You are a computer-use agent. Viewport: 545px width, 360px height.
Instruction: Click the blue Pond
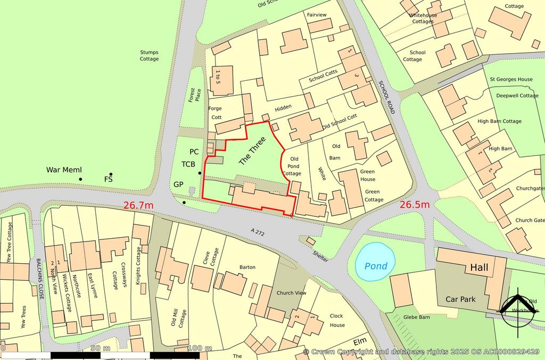(376, 263)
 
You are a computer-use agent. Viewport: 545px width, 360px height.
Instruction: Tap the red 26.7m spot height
(138, 205)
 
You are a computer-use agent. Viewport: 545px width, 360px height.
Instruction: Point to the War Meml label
(64, 170)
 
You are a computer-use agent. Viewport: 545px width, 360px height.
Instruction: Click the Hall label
(481, 268)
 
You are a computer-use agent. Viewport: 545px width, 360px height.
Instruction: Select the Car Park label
(460, 299)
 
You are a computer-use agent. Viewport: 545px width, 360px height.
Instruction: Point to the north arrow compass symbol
(518, 307)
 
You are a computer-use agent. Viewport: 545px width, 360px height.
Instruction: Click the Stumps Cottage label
(150, 55)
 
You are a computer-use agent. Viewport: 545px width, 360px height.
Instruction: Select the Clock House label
(337, 320)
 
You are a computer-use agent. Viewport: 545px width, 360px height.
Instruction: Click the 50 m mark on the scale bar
(100, 348)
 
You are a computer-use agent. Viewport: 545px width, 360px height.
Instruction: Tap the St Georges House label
(511, 80)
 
